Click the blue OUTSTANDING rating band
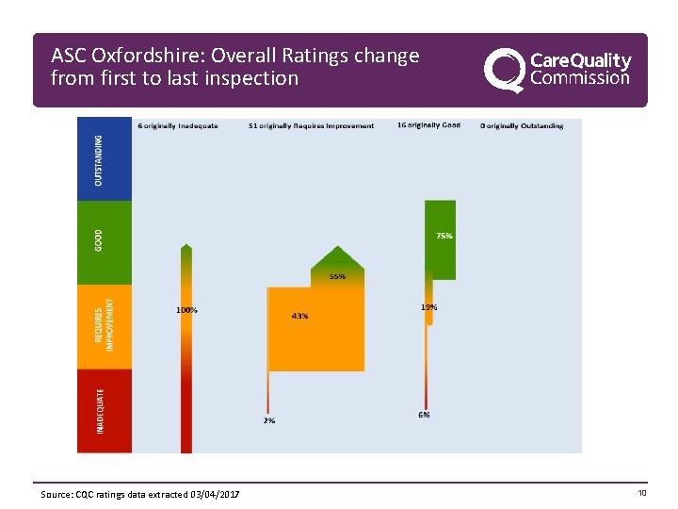(105, 158)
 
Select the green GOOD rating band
(105, 242)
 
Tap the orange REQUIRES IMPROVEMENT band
(105, 326)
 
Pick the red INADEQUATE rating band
(105, 410)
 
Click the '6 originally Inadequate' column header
(178, 126)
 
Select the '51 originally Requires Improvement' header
(311, 126)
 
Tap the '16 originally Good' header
(428, 125)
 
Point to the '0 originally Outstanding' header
(522, 125)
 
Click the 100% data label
(186, 309)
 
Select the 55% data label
(337, 277)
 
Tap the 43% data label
(299, 316)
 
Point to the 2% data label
(269, 420)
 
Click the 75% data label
(444, 236)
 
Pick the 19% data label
(428, 307)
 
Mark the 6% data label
(424, 415)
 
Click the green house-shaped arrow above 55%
(337, 259)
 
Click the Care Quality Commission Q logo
(504, 71)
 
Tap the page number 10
(642, 493)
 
